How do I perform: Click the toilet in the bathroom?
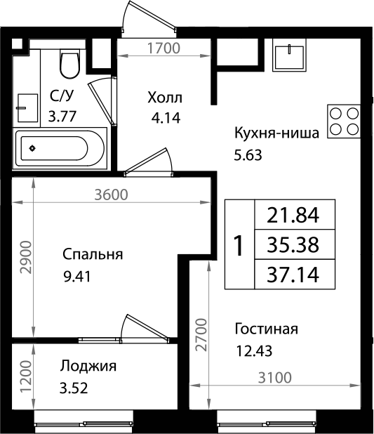pos(69,63)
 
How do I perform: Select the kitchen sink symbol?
pos(290,55)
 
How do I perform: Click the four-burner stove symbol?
pos(345,120)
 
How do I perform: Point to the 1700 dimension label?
pos(165,48)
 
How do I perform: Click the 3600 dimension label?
pos(111,195)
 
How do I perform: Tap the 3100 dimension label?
pos(274,379)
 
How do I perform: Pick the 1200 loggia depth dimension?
pos(26,379)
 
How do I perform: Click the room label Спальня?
pos(92,254)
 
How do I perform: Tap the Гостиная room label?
pos(267,329)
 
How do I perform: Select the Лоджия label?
pos(88,365)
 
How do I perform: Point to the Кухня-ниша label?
pos(276,133)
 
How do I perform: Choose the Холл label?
pos(165,97)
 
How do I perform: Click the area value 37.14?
pos(293,275)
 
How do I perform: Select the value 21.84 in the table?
pos(293,215)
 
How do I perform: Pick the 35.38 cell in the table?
pos(293,245)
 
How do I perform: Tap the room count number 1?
pos(239,245)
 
